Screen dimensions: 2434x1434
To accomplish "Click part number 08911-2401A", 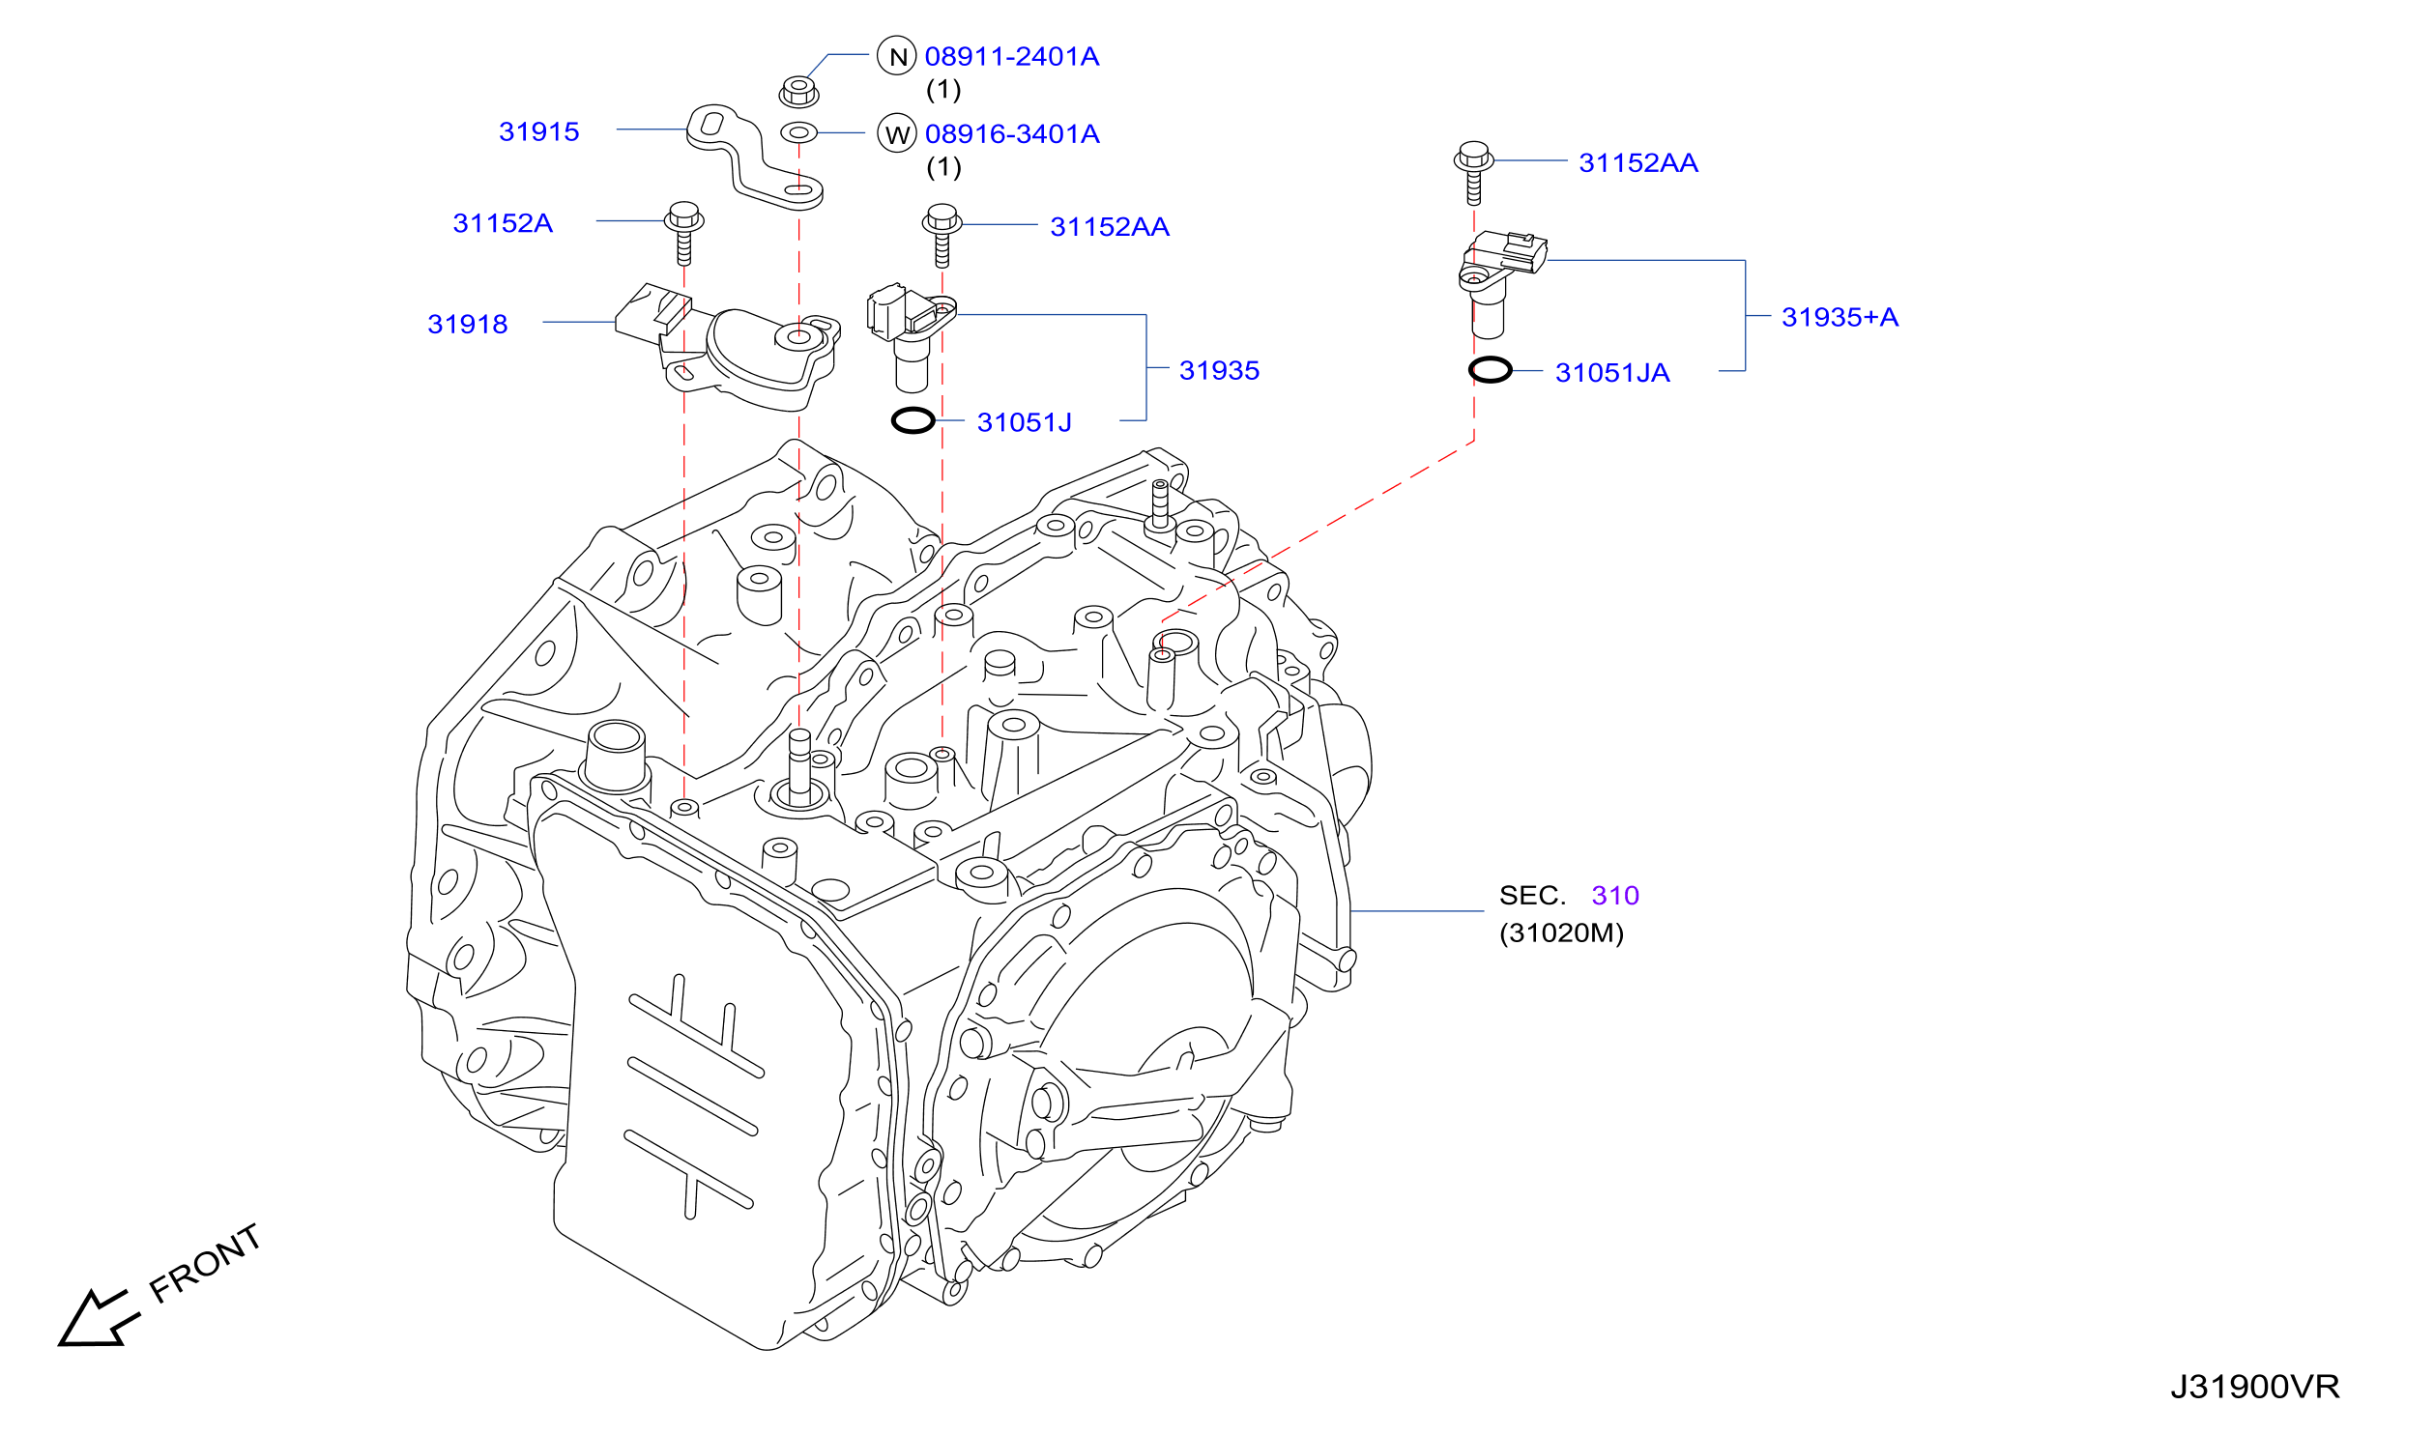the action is [1011, 57].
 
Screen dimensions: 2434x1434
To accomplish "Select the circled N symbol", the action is [897, 56].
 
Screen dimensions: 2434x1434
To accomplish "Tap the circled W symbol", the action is [897, 133].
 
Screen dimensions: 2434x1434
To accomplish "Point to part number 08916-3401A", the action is [1012, 134].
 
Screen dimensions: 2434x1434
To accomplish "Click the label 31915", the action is [538, 131].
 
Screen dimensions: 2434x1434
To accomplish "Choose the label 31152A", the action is [503, 223].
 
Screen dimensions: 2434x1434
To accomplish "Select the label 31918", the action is [467, 324].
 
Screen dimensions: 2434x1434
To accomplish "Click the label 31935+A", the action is [1840, 317].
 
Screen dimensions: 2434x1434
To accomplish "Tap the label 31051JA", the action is [1612, 373].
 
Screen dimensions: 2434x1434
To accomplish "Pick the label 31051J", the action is [1024, 422].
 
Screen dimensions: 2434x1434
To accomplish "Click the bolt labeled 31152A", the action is [683, 232].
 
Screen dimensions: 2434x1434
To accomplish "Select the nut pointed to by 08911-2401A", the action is [798, 92].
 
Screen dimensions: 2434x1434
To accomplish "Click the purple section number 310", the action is [1615, 896].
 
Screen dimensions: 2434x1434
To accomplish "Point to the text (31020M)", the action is [1561, 932].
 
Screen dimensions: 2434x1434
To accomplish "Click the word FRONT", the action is [205, 1264].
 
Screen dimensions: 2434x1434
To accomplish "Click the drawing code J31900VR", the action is [2254, 1388].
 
